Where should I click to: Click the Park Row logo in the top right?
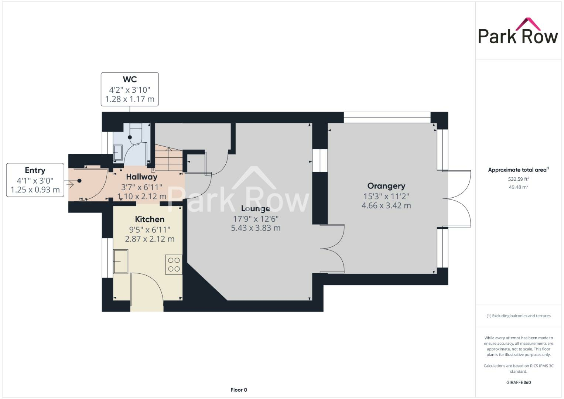coord(518,31)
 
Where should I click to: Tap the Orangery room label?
coord(386,186)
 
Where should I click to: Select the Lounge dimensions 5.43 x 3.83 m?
coord(256,228)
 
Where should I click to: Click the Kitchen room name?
coord(150,219)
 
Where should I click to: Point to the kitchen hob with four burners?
coord(174,265)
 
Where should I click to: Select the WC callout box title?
coord(130,79)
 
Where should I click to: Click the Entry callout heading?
coord(35,170)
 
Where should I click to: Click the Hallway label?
coord(141,177)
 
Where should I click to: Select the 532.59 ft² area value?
coord(519,179)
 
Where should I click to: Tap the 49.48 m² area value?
coord(519,187)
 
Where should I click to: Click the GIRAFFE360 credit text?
coord(518,382)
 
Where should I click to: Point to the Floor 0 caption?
coord(239,390)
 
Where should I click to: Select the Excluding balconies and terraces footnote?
coord(518,316)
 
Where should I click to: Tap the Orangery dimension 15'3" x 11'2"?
coord(386,196)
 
